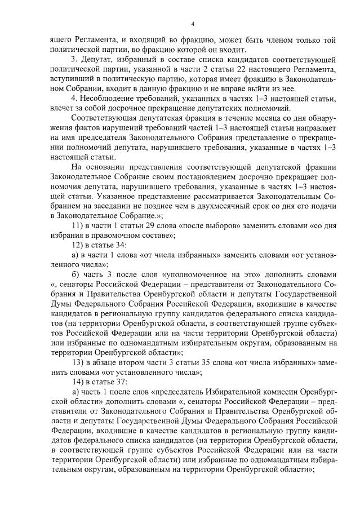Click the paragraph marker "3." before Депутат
click(x=73, y=59)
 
